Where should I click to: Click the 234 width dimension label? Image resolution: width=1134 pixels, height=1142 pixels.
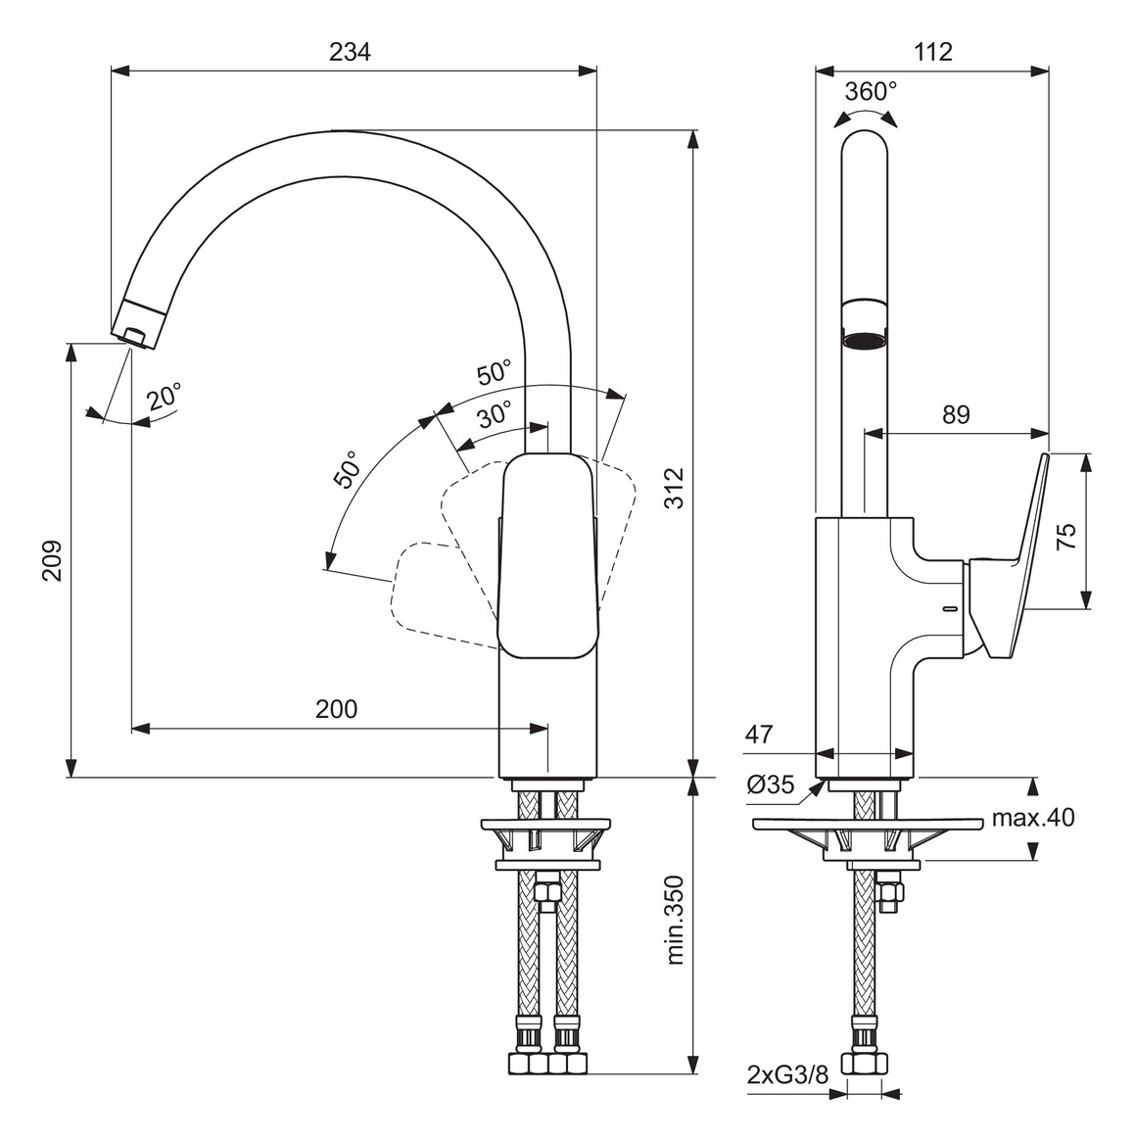(x=350, y=53)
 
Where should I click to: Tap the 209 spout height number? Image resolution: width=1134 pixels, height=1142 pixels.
(x=53, y=559)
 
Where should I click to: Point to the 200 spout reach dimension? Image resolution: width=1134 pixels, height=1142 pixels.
(x=336, y=709)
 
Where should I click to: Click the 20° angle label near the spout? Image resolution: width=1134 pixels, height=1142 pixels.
(x=165, y=397)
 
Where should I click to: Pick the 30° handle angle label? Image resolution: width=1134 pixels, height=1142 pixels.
(x=495, y=414)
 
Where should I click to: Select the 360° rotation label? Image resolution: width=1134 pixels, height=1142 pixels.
(x=871, y=91)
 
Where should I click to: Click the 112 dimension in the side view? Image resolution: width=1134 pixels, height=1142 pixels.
(x=932, y=53)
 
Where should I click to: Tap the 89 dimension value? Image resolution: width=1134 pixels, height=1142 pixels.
(x=956, y=415)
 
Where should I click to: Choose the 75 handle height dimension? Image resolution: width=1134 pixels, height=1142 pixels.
(x=1066, y=534)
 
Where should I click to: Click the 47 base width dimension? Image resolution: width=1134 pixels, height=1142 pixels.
(x=759, y=734)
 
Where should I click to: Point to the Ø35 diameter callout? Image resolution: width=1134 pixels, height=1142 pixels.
(x=769, y=785)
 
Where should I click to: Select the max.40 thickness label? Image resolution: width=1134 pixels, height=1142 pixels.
(x=1032, y=817)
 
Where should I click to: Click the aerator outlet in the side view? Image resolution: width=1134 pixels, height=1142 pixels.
(x=865, y=341)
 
